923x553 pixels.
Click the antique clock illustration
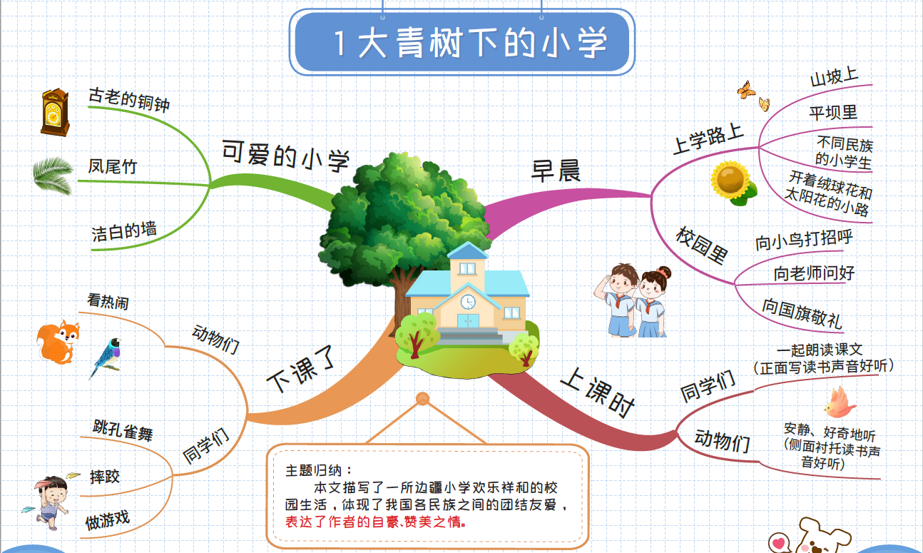(55, 112)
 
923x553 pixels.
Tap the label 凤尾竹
(112, 166)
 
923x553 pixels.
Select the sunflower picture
(733, 183)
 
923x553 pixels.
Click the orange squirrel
(58, 342)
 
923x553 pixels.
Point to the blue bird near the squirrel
(106, 357)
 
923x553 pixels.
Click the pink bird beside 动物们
(840, 402)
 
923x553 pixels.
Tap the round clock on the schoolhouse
(468, 302)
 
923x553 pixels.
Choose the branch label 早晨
(556, 171)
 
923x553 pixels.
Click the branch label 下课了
(301, 369)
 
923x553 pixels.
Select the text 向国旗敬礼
(802, 313)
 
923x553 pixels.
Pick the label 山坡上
(834, 76)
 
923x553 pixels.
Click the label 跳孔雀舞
(123, 430)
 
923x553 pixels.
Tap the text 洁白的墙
(124, 230)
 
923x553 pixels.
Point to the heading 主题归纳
(319, 471)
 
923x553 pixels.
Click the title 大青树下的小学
(483, 42)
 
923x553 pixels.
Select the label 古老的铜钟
(129, 100)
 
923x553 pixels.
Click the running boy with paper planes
(49, 502)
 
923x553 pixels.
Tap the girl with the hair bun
(652, 301)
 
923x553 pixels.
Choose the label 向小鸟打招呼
(804, 240)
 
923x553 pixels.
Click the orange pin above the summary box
(423, 399)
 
